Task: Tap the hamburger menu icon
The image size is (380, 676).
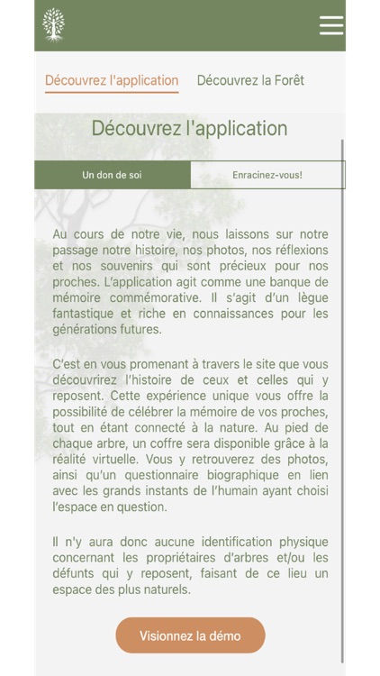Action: point(331,25)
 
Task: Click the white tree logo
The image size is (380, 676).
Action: point(54,25)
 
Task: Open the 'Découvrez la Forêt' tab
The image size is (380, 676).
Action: point(250,80)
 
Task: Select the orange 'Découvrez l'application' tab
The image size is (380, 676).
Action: point(112,80)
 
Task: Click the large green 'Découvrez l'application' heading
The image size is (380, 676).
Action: point(189,128)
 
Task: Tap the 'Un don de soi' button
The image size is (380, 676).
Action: point(112,175)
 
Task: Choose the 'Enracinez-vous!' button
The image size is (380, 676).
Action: point(267,175)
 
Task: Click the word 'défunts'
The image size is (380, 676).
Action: point(77,574)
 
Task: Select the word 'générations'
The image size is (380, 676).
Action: point(88,330)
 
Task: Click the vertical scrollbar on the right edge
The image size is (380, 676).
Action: point(342,397)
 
